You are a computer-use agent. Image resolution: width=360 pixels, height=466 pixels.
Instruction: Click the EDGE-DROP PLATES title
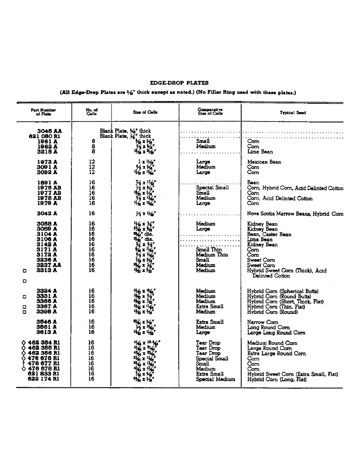tap(179, 82)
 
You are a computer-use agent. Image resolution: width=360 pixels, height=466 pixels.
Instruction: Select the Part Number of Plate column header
tap(43, 112)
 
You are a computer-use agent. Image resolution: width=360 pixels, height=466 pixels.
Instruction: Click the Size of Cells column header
tap(145, 112)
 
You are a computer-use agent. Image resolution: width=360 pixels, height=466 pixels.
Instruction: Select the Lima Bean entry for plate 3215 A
tap(260, 151)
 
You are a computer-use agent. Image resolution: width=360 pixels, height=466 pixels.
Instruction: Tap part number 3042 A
tap(47, 213)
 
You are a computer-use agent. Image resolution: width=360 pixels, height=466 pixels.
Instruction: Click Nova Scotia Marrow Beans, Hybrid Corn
tap(295, 214)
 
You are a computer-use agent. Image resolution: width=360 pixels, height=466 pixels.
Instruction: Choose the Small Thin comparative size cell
tap(209, 250)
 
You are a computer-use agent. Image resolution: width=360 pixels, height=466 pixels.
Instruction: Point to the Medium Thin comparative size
tap(212, 255)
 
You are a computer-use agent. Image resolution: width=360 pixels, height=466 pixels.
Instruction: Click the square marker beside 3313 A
tap(24, 270)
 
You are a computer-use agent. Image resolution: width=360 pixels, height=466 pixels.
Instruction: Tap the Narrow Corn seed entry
tap(262, 322)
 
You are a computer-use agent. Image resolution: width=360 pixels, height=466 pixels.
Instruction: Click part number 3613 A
tap(47, 332)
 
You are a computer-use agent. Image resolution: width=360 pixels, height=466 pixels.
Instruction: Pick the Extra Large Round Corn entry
tap(276, 353)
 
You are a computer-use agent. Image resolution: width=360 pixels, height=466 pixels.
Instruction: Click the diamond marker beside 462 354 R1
tap(24, 343)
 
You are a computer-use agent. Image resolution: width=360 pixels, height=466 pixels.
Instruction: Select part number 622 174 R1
tap(43, 379)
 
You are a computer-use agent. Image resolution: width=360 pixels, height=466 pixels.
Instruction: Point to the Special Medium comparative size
tap(215, 379)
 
